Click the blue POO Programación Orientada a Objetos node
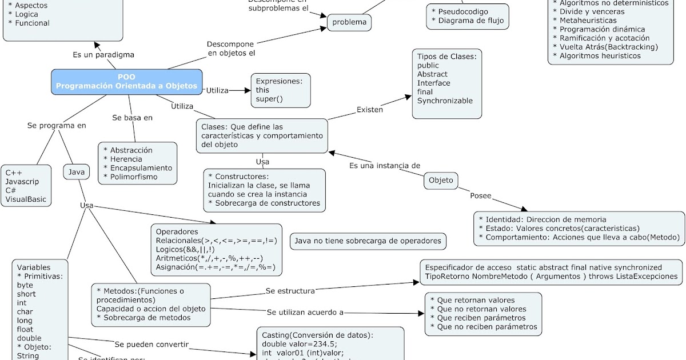click(126, 82)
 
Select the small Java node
click(76, 171)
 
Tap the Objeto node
click(441, 180)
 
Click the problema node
click(349, 22)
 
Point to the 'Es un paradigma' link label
click(103, 55)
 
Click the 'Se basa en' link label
click(132, 118)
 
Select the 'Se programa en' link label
click(57, 125)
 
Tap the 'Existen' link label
click(369, 110)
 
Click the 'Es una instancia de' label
click(384, 166)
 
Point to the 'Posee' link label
click(480, 195)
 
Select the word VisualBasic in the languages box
click(26, 199)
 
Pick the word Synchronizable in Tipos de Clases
click(445, 101)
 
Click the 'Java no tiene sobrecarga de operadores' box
click(368, 241)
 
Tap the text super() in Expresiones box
click(269, 99)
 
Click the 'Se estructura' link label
click(290, 291)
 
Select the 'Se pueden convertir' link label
click(151, 345)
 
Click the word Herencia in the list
click(126, 159)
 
